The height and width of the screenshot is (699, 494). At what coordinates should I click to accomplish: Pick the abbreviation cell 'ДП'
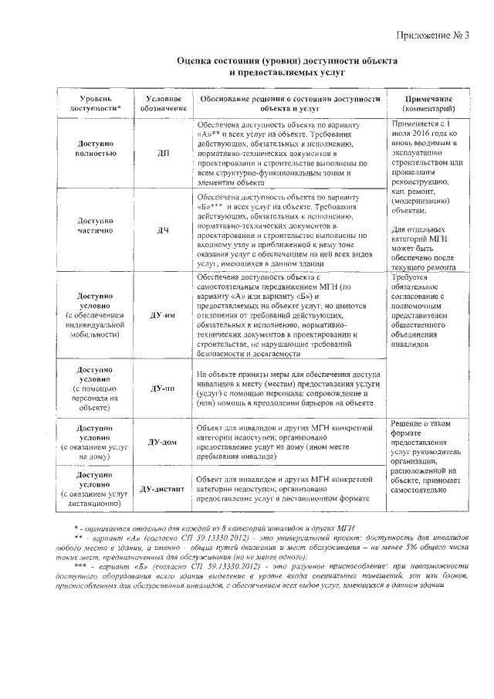pos(163,153)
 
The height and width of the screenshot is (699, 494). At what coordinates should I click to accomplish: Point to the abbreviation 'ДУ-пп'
pos(163,388)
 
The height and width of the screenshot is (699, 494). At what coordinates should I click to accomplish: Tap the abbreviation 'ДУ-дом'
pos(163,442)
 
